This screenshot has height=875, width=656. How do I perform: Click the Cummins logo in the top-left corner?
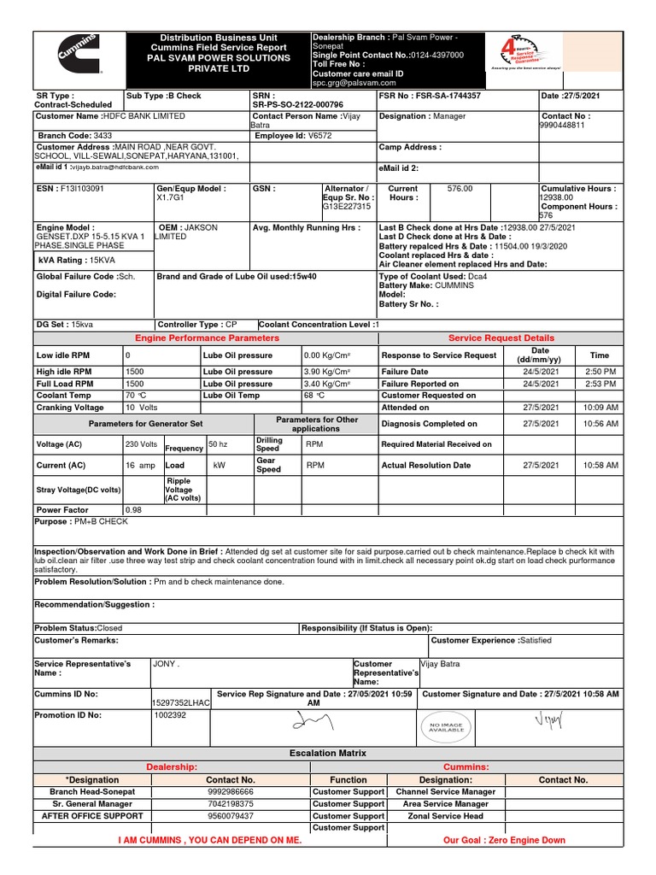(x=78, y=57)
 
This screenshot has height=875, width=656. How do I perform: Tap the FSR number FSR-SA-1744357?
(x=448, y=96)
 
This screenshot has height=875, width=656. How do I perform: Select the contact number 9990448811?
(x=565, y=125)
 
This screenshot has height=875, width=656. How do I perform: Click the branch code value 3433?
(x=102, y=135)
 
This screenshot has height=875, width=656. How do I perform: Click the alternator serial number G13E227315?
(x=347, y=207)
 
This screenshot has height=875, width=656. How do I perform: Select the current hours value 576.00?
(x=460, y=188)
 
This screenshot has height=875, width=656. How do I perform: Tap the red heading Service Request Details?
(x=501, y=338)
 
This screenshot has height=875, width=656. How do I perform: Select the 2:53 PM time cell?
(x=600, y=385)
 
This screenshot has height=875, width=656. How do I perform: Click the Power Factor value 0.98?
(x=133, y=509)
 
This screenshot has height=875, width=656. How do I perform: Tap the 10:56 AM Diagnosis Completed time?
(x=600, y=424)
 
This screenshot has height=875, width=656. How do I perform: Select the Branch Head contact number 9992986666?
(x=231, y=792)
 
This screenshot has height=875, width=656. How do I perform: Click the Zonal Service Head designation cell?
(x=445, y=816)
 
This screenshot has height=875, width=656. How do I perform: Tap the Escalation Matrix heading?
(x=328, y=753)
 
